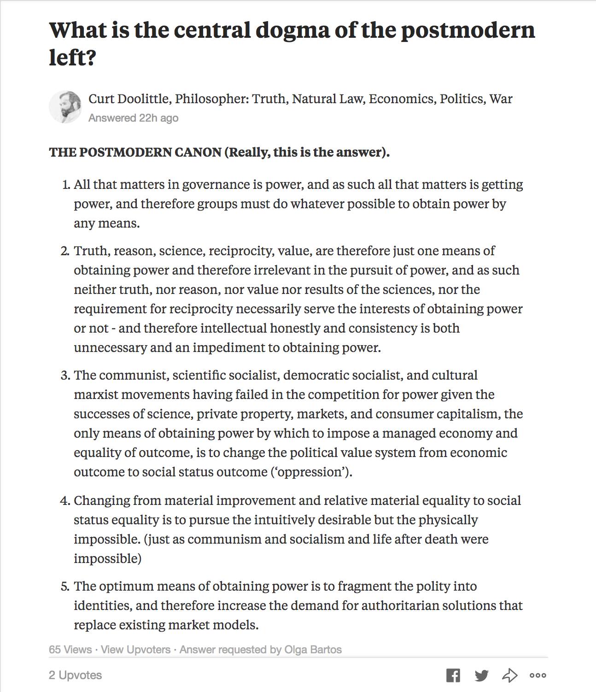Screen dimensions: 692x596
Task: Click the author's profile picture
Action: tap(65, 107)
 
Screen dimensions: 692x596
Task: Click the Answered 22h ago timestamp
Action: tap(133, 118)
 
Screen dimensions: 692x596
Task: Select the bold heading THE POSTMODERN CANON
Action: tap(135, 152)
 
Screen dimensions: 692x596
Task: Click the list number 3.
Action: tap(65, 375)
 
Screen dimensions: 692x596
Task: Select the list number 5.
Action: tap(65, 586)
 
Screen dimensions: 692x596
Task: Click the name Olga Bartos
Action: tap(313, 650)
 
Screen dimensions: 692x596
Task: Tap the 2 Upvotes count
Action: tap(75, 675)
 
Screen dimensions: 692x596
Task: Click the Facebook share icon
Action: tap(453, 675)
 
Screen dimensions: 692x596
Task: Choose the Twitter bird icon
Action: tap(481, 675)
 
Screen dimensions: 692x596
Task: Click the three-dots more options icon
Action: tap(538, 675)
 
